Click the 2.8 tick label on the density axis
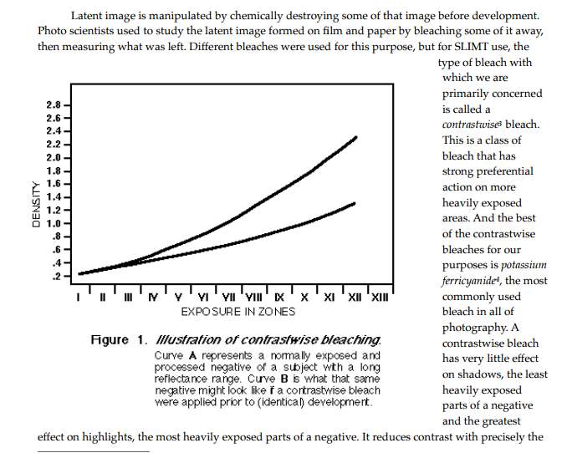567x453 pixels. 54,104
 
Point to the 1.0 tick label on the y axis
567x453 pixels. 54,223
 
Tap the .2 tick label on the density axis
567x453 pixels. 56,276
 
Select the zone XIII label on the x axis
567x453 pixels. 380,298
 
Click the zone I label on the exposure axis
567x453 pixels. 78,298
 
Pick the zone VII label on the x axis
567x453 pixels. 228,298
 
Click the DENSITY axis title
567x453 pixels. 36,204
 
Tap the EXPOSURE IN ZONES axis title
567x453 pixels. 238,312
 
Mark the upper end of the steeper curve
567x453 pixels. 356,137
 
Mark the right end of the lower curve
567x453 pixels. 354,204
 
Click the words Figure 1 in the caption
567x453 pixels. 119,340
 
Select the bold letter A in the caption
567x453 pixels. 192,356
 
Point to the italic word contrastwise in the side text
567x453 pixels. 471,125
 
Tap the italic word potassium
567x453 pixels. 524,265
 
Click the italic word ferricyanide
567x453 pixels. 468,281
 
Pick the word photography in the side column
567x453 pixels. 475,328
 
